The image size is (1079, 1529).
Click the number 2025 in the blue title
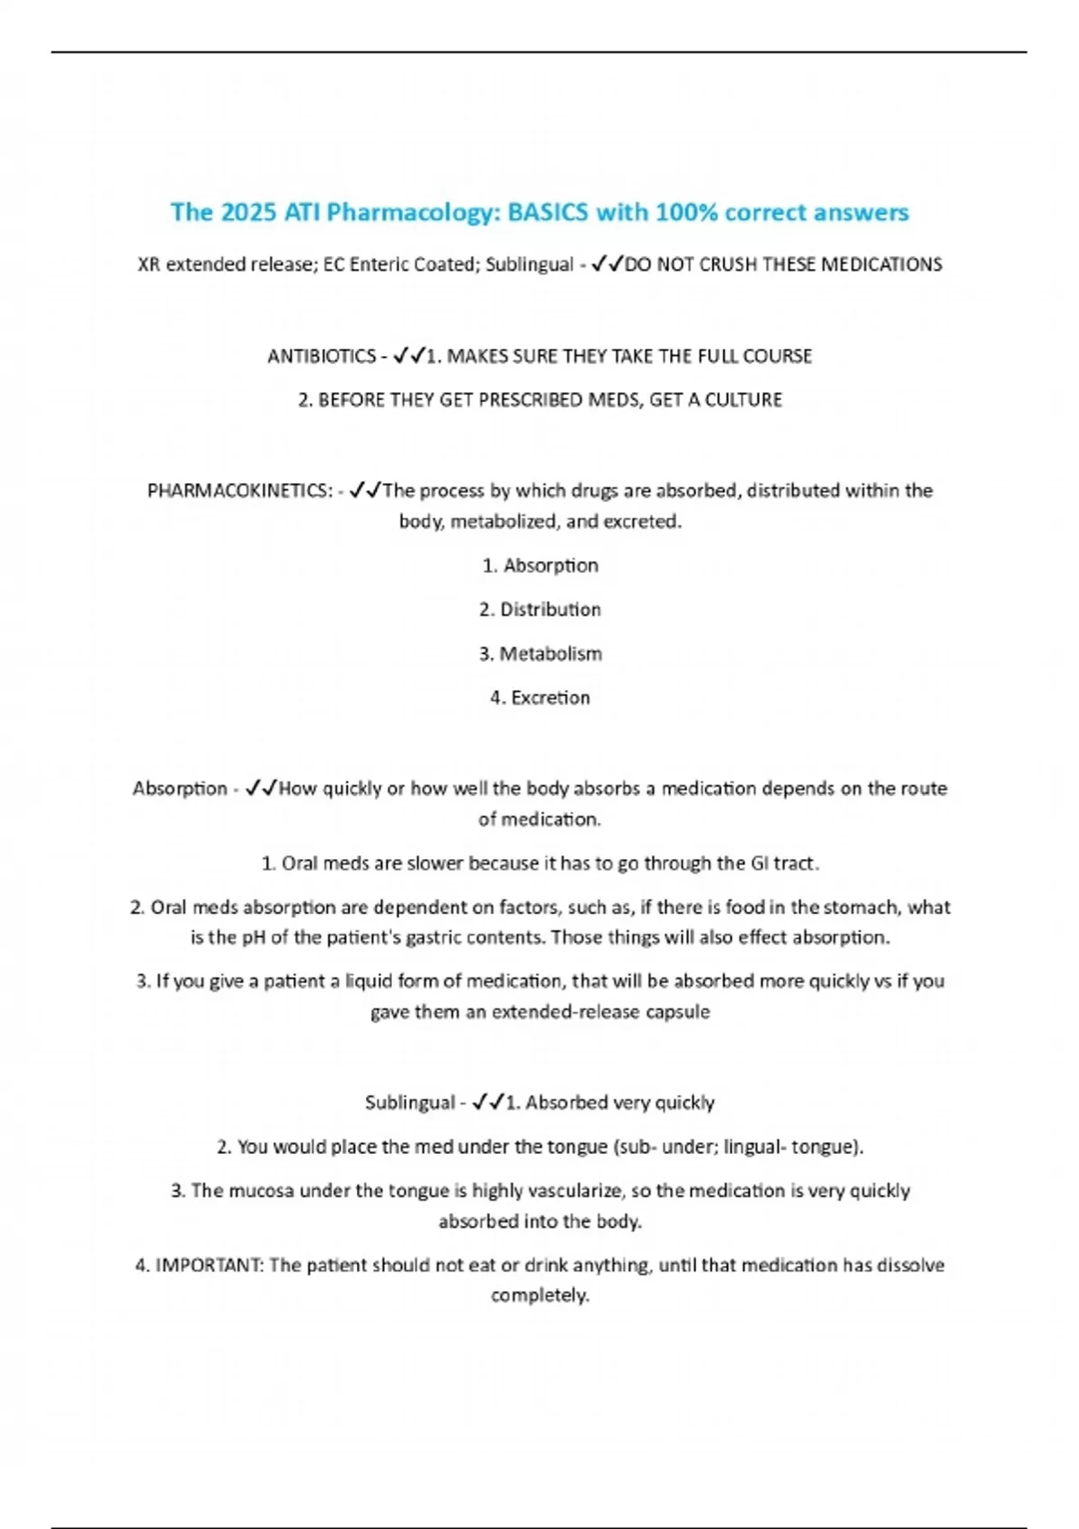(x=249, y=212)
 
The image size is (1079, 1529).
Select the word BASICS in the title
(x=548, y=212)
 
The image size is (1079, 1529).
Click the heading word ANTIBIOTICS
(x=321, y=356)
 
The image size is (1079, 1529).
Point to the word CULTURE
(x=743, y=400)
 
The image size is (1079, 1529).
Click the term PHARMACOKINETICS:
(x=240, y=491)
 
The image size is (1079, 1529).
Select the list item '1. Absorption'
(x=539, y=566)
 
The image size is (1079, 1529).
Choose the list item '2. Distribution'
(x=539, y=610)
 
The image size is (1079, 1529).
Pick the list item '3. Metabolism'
(x=539, y=654)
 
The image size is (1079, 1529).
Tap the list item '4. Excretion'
(x=539, y=698)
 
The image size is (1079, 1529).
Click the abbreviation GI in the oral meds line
(x=760, y=863)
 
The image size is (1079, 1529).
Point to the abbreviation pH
(x=253, y=937)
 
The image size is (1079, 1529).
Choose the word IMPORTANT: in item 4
(x=210, y=1265)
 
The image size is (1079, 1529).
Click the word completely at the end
(x=539, y=1296)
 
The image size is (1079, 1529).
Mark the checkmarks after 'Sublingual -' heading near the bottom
(x=488, y=1103)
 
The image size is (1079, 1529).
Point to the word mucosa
(x=261, y=1191)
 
